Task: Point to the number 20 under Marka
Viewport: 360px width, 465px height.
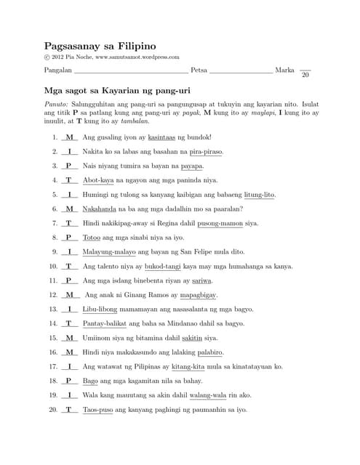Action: pos(305,76)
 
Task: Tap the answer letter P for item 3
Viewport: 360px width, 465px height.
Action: pos(69,166)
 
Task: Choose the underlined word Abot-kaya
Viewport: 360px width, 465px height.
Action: pos(98,180)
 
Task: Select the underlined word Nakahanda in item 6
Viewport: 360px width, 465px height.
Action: pos(102,209)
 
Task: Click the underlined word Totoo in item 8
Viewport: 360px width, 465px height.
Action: pos(92,238)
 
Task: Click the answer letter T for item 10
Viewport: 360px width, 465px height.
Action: pos(69,266)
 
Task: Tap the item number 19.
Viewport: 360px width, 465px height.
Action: pos(53,395)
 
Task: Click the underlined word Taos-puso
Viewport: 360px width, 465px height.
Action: pos(97,410)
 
